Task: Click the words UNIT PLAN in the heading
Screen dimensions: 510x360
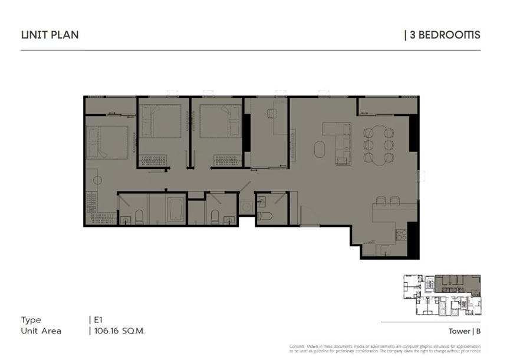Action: click(x=50, y=35)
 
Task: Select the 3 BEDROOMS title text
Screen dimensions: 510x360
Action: click(x=445, y=35)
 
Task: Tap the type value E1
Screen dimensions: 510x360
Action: click(x=98, y=320)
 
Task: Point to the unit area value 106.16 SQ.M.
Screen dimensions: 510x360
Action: click(x=119, y=331)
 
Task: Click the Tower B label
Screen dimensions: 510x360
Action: click(x=465, y=331)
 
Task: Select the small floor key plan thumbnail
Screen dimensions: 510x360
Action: click(x=442, y=295)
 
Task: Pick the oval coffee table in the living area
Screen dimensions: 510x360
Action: click(x=320, y=149)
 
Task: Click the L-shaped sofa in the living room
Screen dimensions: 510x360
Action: click(x=341, y=143)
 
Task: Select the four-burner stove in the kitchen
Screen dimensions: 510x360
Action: click(x=402, y=235)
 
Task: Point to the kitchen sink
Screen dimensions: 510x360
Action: click(x=385, y=250)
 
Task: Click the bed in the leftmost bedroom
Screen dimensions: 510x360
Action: click(x=107, y=143)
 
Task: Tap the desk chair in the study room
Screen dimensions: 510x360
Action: click(x=272, y=113)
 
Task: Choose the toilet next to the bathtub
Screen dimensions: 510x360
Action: click(x=139, y=217)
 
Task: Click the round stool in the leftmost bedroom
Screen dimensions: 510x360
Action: click(x=97, y=180)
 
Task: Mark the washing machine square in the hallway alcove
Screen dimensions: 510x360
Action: click(x=246, y=207)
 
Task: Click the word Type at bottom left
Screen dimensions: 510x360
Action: click(x=31, y=320)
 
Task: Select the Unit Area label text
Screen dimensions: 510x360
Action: click(x=41, y=331)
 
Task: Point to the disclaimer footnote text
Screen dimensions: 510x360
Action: click(x=385, y=349)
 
